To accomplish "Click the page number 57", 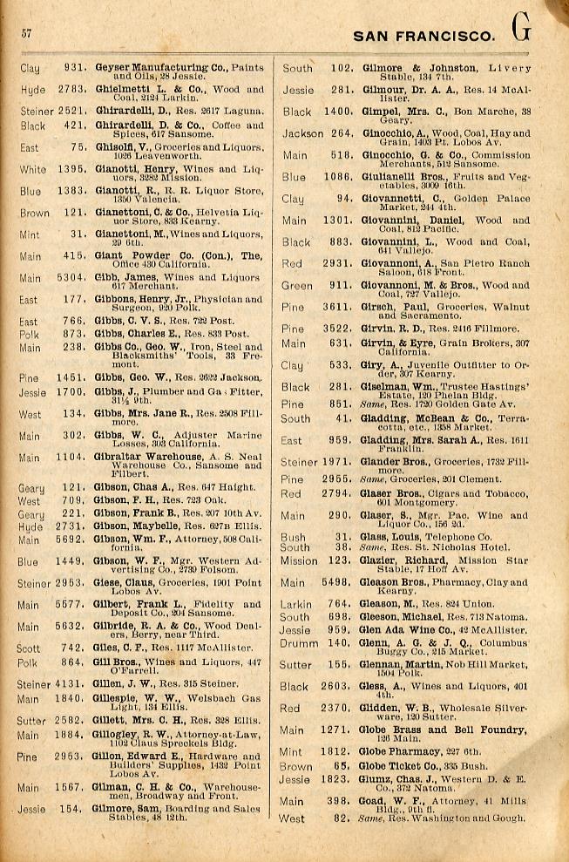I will point(26,33).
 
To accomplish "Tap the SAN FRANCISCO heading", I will point(423,36).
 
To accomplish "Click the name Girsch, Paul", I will point(389,307).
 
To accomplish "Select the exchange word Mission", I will point(299,560).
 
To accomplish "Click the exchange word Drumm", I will point(299,642).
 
